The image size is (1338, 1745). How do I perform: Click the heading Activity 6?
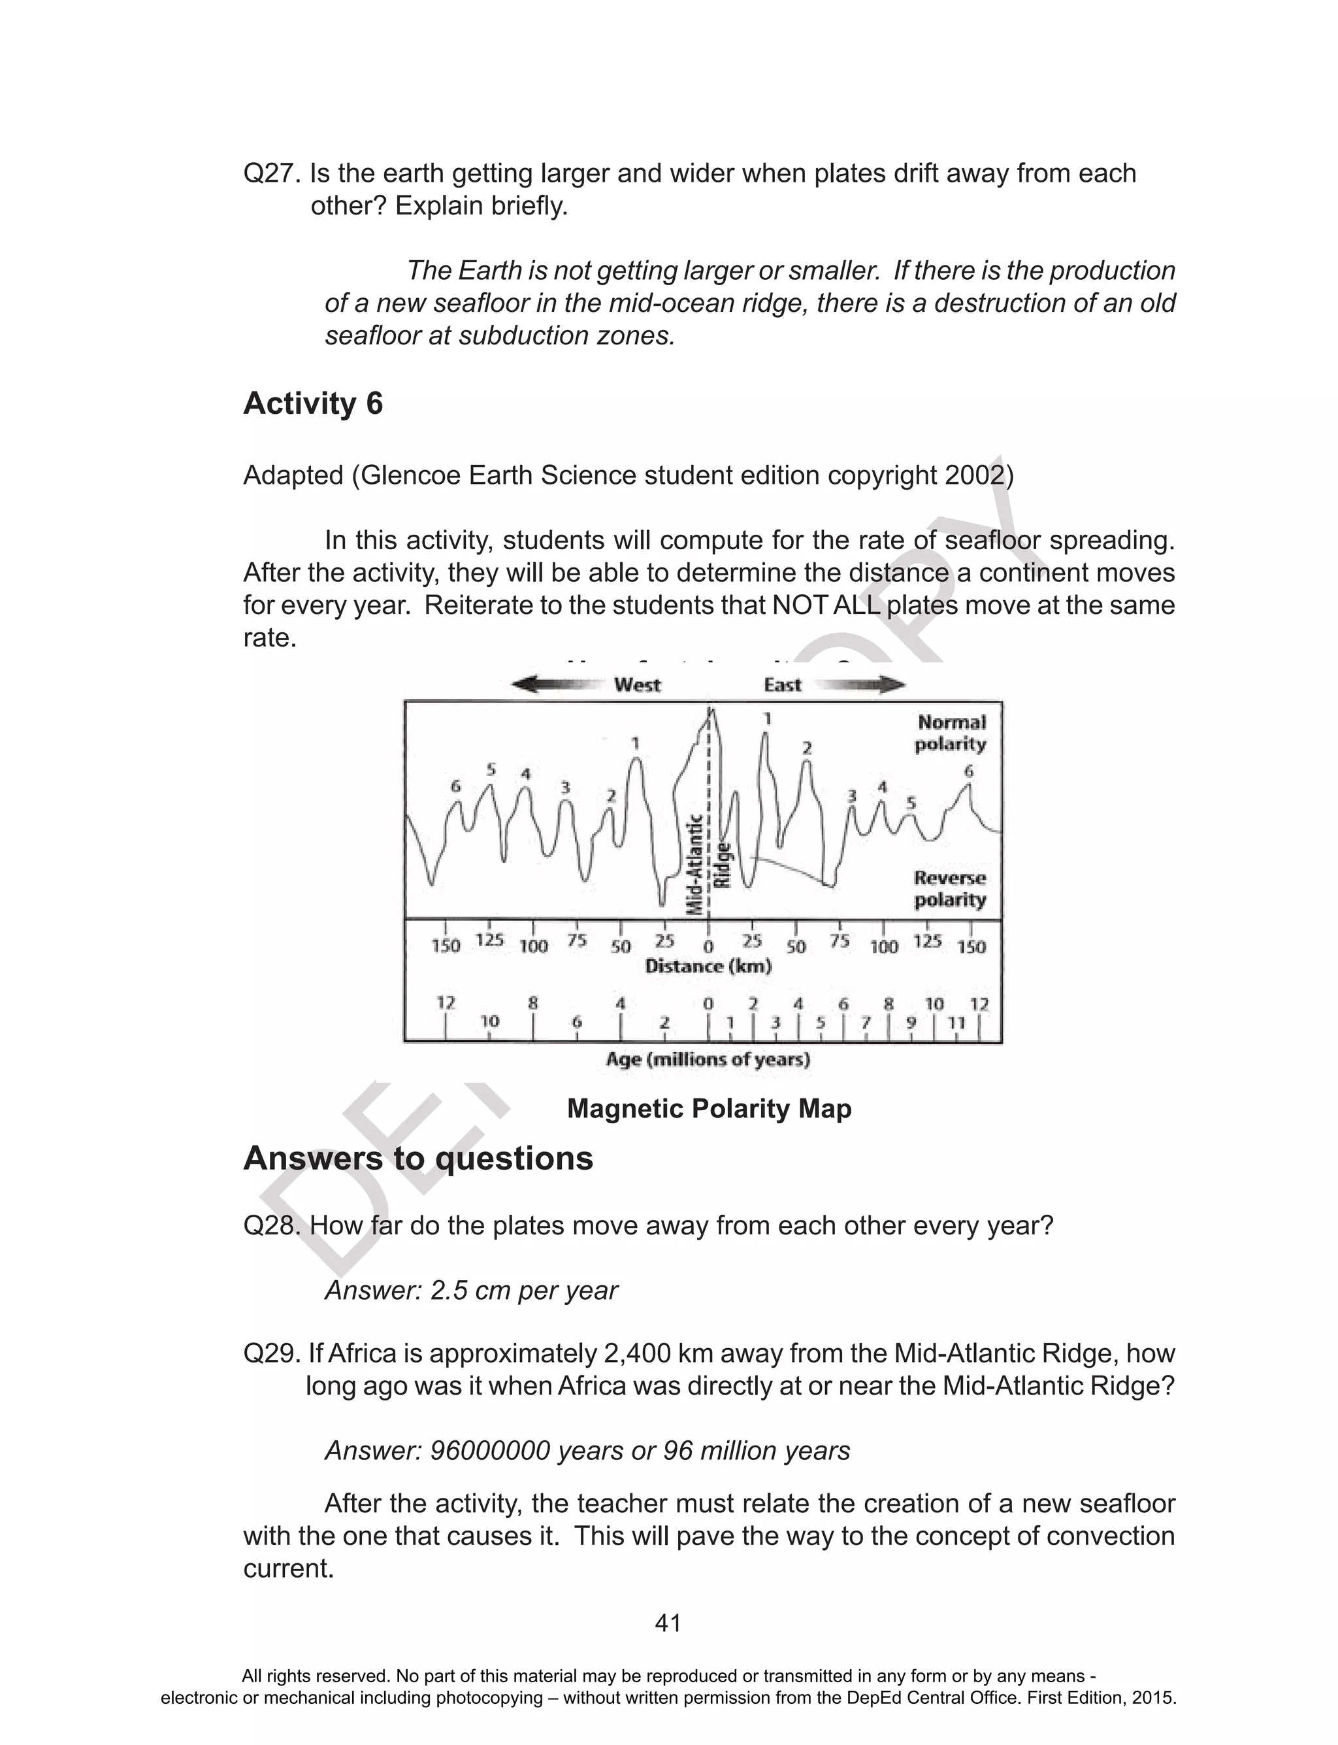(x=313, y=403)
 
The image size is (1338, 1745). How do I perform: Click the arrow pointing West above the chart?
(x=555, y=685)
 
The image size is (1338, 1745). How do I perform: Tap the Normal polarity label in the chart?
(x=951, y=733)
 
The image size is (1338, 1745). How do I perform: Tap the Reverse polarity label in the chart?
(x=949, y=889)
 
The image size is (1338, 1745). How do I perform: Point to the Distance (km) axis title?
(x=708, y=966)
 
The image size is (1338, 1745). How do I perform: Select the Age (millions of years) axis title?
(x=708, y=1059)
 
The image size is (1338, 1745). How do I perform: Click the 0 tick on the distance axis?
(x=709, y=946)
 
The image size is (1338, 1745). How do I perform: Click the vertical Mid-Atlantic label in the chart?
(x=695, y=864)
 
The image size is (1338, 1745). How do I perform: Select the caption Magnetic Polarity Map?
(x=709, y=1108)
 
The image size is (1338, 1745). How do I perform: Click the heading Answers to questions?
(x=418, y=1158)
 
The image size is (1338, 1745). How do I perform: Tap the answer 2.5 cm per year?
(x=523, y=1290)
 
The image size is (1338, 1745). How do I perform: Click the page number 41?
(x=668, y=1623)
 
